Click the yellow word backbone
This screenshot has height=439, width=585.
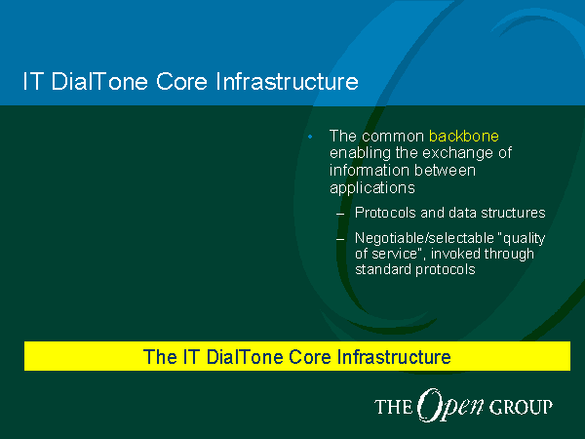click(x=464, y=137)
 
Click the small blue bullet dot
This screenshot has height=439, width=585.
click(x=310, y=137)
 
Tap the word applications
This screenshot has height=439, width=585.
click(x=372, y=187)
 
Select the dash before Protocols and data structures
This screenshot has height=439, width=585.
click(x=340, y=215)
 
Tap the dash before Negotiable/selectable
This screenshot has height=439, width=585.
click(x=340, y=239)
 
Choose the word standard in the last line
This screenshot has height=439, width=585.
click(x=383, y=269)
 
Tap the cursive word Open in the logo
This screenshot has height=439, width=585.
click(x=450, y=406)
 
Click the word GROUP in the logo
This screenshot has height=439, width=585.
click(x=521, y=407)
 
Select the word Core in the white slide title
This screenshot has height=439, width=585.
click(x=181, y=81)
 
